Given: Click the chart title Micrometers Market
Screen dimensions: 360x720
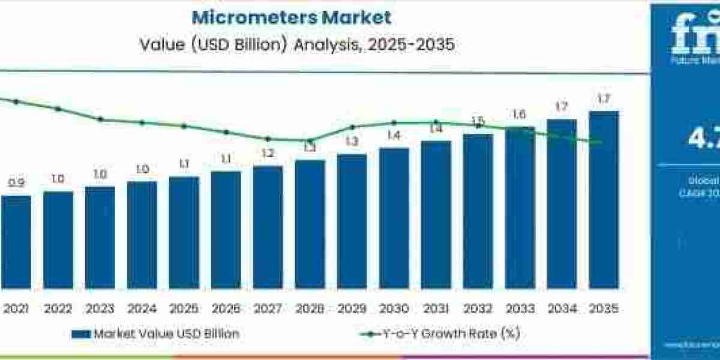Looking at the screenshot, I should click(x=291, y=17).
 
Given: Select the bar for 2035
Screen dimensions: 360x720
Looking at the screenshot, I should click(x=604, y=199).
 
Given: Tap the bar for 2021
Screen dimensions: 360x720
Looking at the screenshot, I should click(x=16, y=242).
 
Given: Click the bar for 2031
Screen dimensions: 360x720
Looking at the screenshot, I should click(x=436, y=214).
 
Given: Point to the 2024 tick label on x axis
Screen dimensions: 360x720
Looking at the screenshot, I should click(x=142, y=310).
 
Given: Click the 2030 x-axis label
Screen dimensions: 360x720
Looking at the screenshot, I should click(x=394, y=310).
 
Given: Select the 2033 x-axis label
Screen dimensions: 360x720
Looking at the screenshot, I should click(x=520, y=310).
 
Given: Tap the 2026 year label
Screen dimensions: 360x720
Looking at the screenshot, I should click(x=226, y=310).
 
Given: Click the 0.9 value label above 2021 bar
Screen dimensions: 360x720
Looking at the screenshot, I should click(x=16, y=183).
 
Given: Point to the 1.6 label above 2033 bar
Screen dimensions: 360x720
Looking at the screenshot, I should click(x=520, y=115).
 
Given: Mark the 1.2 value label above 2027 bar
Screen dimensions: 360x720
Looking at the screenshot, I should click(x=268, y=154).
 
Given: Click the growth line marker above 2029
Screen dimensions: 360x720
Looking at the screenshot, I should click(x=353, y=127).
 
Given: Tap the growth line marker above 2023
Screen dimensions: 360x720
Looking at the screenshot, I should click(x=101, y=119).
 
